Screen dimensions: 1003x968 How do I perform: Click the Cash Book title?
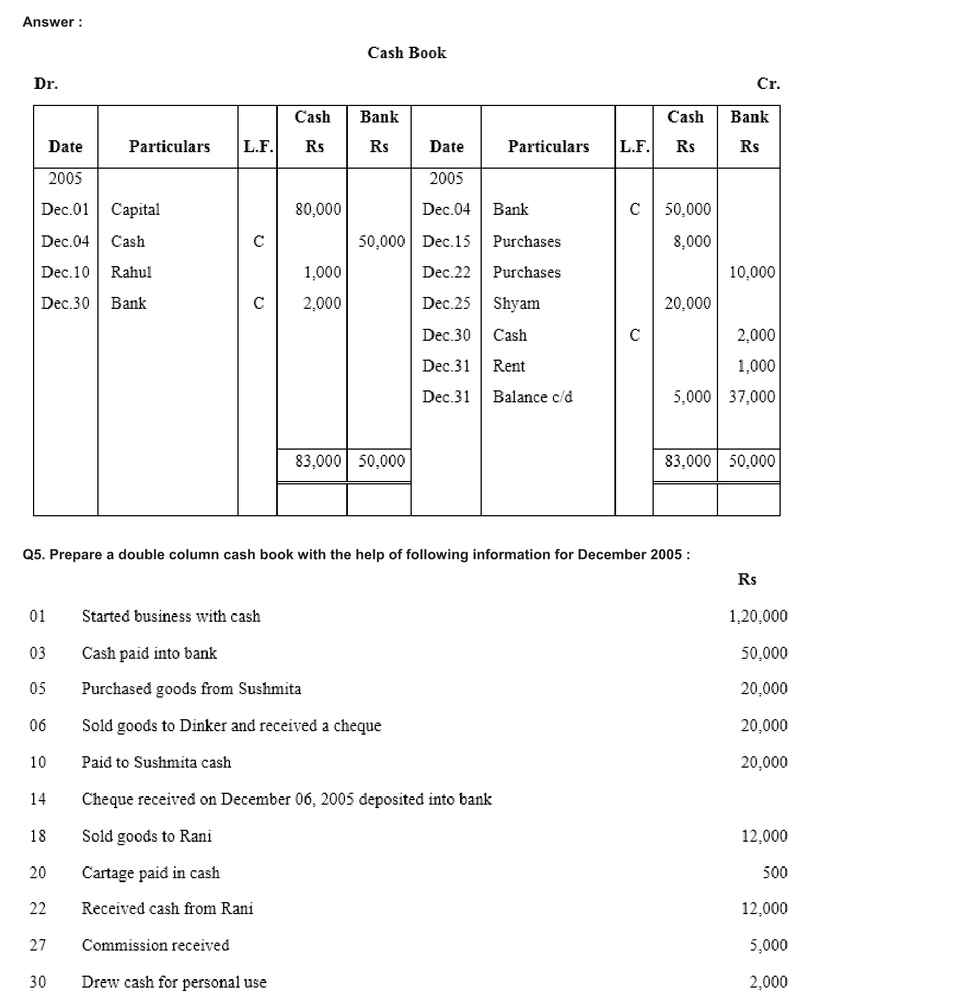point(407,53)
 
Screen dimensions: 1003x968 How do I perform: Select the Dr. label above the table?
point(46,84)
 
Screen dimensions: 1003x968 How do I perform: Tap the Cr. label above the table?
point(768,84)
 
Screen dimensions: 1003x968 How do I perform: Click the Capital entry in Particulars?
point(135,210)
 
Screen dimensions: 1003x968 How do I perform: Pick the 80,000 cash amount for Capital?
point(318,210)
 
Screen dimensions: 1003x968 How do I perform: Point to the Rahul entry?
point(131,272)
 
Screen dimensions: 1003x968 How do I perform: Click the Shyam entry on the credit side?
point(516,303)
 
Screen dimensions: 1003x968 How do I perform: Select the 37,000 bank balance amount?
point(752,397)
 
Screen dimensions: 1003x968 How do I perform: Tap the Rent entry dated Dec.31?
point(508,366)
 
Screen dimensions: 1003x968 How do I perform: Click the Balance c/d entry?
point(532,397)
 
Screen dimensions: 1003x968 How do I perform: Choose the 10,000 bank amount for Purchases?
point(752,272)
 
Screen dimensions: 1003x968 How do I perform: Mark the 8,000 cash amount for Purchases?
point(692,242)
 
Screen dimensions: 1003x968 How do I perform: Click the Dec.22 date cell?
point(446,272)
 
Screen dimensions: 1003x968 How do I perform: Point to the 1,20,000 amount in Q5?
point(758,616)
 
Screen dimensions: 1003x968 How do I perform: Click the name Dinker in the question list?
point(203,725)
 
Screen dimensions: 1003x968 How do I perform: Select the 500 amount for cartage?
point(775,872)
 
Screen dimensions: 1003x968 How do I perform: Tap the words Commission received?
point(155,945)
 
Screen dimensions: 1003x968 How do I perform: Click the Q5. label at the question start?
point(34,555)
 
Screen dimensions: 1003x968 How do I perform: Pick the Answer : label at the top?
point(52,22)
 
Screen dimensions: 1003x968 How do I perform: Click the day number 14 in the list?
point(38,799)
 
